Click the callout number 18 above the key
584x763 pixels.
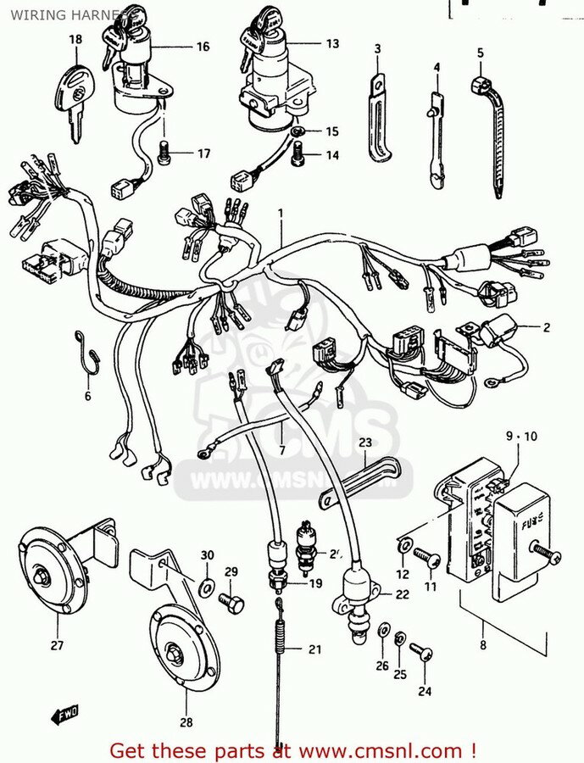click(75, 40)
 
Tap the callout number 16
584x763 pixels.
click(203, 47)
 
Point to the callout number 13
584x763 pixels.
click(331, 43)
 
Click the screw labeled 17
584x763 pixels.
click(166, 153)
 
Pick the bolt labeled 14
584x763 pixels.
click(298, 155)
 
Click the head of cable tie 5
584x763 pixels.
click(480, 86)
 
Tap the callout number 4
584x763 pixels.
click(437, 67)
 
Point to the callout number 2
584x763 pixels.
click(547, 326)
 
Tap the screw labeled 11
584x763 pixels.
click(428, 559)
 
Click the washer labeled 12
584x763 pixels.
click(404, 546)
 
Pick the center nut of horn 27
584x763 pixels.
click(41, 576)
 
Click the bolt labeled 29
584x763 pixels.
click(230, 601)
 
